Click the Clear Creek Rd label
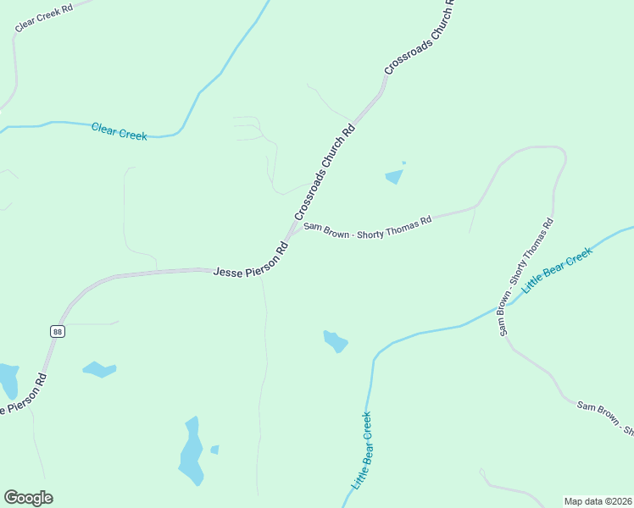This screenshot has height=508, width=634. [43, 17]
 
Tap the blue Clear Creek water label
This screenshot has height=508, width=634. [120, 131]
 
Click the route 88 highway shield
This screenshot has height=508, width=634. [57, 331]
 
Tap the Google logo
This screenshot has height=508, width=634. [28, 498]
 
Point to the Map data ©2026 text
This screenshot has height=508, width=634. [598, 500]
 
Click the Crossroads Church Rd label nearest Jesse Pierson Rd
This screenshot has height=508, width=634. [325, 173]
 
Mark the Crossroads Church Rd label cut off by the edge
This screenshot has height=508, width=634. [420, 37]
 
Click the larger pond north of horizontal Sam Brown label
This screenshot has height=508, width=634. [394, 177]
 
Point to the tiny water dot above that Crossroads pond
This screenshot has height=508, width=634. [403, 163]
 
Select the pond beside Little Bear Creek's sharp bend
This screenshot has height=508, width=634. [336, 341]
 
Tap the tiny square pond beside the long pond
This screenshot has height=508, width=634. [214, 450]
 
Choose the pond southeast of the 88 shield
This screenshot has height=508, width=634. [99, 369]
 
